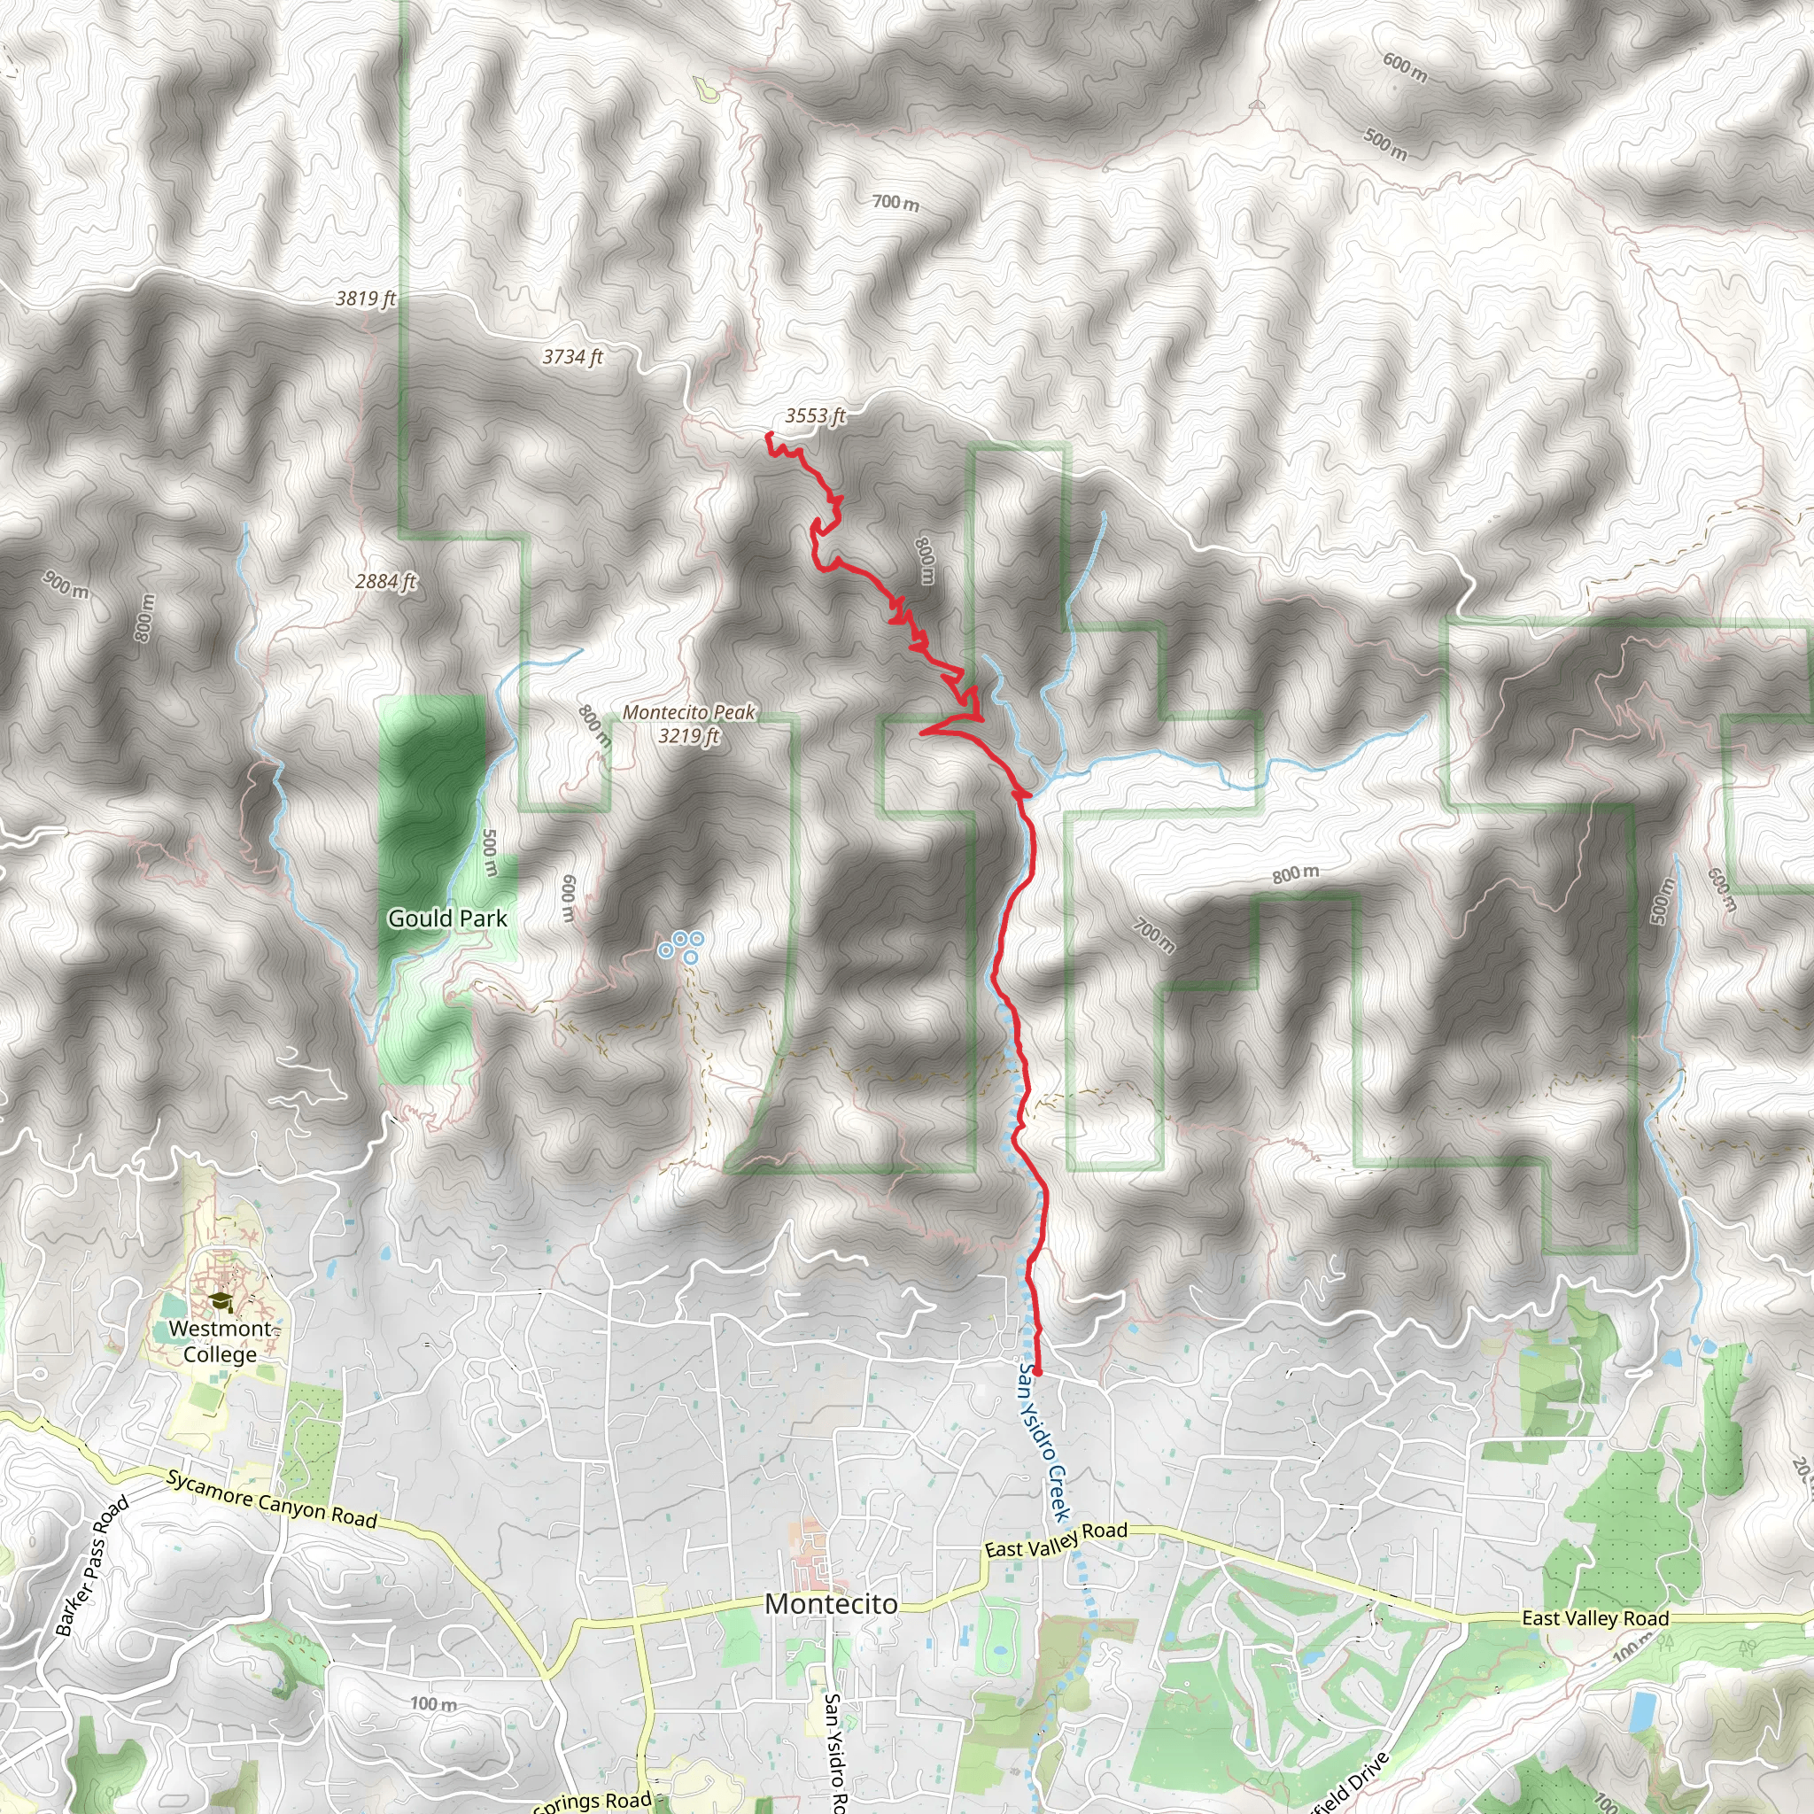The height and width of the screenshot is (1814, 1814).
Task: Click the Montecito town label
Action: [831, 1604]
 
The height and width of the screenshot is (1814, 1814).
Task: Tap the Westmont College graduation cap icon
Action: [220, 1301]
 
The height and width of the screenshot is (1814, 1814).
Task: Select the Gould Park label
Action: [447, 919]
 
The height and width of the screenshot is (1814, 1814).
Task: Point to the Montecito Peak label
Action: [689, 724]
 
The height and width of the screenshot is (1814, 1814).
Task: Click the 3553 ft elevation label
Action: [815, 416]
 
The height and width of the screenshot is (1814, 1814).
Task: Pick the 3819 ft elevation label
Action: [365, 298]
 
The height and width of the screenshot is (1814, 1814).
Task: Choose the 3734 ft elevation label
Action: [572, 357]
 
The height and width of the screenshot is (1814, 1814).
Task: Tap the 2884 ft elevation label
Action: [385, 581]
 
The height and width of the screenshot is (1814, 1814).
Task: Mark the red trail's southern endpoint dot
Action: [1037, 1373]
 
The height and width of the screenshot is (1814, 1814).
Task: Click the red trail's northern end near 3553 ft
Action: [768, 435]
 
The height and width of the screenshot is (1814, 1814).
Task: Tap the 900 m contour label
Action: [66, 585]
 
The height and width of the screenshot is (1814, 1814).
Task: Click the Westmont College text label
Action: [220, 1342]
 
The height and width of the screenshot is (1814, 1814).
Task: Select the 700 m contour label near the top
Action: [895, 202]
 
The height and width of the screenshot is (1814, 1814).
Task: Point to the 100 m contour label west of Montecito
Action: [433, 1703]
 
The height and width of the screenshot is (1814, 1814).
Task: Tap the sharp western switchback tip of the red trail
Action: [921, 732]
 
